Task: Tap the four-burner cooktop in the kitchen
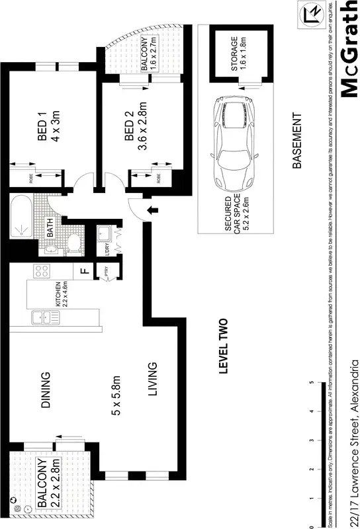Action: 41,271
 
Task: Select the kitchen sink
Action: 45,317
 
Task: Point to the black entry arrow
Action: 153,210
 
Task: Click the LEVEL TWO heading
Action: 224,348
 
